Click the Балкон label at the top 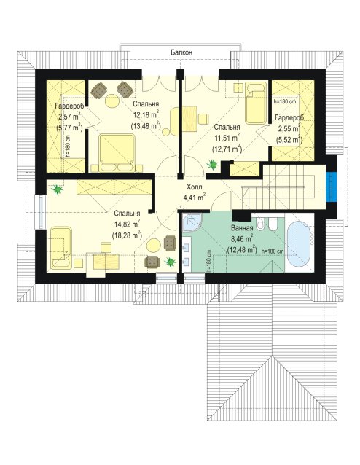point(181,52)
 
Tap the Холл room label point(195,187)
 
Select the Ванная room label point(242,228)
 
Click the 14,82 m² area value point(127,224)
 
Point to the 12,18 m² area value point(146,114)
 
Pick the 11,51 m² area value point(227,138)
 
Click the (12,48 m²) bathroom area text point(242,249)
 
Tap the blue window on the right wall point(332,187)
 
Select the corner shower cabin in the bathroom point(192,222)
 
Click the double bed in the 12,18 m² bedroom point(117,153)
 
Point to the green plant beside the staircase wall point(213,164)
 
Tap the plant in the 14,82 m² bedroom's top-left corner point(57,189)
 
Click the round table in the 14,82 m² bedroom point(154,246)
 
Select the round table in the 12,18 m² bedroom point(112,101)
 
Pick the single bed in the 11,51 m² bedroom point(255,103)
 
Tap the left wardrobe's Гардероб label point(70,106)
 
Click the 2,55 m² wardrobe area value point(288,129)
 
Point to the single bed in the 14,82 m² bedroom point(61,248)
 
